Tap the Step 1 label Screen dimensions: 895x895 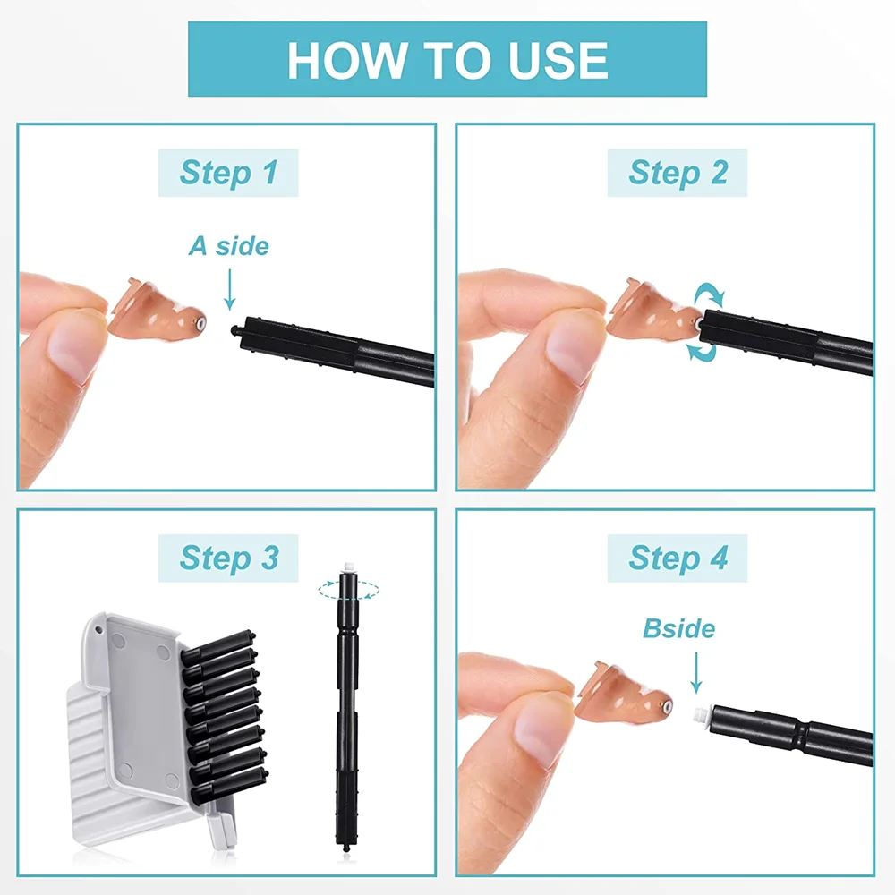click(228, 173)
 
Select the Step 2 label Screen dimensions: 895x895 click(678, 173)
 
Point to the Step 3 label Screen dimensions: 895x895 click(228, 558)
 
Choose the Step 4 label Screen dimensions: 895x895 click(678, 558)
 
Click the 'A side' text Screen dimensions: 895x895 click(229, 246)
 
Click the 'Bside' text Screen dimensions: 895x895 click(678, 628)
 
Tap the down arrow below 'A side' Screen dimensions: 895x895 click(229, 290)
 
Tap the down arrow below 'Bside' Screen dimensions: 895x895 click(695, 673)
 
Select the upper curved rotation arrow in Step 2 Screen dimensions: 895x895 click(709, 295)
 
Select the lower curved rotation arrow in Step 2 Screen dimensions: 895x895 click(702, 351)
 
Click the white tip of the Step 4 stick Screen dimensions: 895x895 click(701, 714)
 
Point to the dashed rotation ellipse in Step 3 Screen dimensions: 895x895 click(348, 590)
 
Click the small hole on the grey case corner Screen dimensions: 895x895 click(98, 630)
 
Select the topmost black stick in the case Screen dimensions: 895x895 click(217, 645)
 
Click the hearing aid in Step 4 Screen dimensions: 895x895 click(625, 693)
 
